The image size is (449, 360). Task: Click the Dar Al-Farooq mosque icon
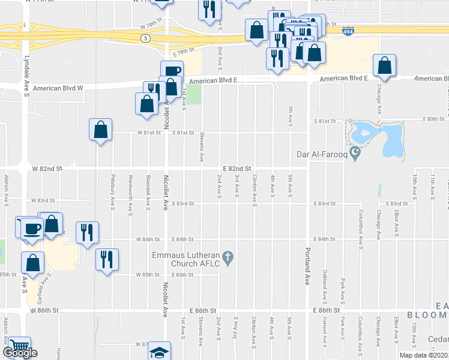355,154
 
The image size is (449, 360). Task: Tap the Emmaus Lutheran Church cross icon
227,258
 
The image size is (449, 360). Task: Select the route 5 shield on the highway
145,38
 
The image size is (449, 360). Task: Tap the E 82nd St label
236,170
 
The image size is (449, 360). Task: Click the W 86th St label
47,311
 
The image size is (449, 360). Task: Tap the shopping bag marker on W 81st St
100,130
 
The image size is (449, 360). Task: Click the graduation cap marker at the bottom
159,352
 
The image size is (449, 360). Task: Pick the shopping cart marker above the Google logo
20,346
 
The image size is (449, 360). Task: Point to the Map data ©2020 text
423,355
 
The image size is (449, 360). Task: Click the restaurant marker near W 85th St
107,260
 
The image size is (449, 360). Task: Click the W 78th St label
152,26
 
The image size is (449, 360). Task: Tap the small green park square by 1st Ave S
193,95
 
